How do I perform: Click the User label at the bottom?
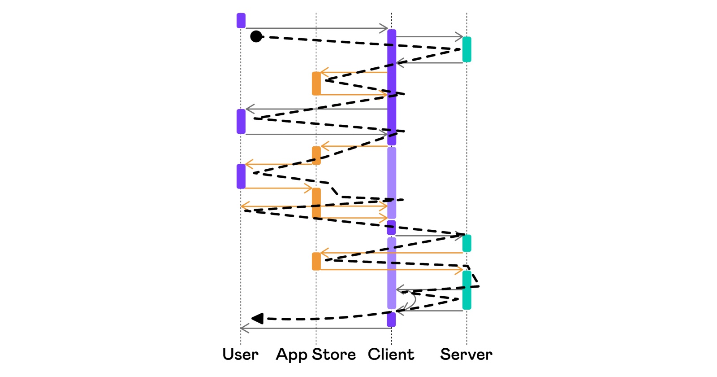(241, 354)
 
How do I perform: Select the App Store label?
(316, 354)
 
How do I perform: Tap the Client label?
(391, 354)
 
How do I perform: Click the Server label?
(466, 354)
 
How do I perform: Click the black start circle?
(256, 36)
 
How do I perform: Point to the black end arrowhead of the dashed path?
(258, 319)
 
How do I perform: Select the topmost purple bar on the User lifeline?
(241, 21)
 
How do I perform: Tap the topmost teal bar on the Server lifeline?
(466, 49)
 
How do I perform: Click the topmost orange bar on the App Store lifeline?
(316, 83)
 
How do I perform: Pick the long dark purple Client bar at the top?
(392, 85)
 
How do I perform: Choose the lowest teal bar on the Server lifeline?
(466, 290)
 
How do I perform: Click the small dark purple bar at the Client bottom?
(391, 320)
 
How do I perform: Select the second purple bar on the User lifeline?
(241, 121)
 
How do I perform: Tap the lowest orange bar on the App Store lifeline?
(316, 261)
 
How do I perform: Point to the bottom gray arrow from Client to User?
(314, 328)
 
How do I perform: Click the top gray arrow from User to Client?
(314, 28)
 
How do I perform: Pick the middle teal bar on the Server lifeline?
(466, 243)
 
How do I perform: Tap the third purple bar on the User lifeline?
(241, 176)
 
